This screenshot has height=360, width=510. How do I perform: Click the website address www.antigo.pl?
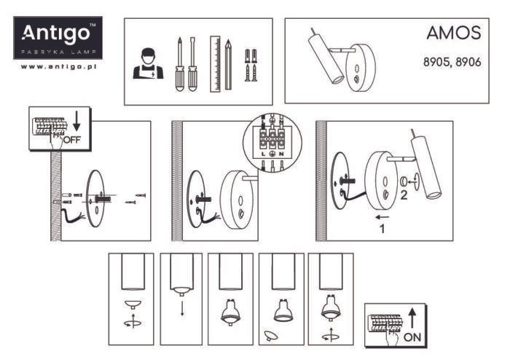[x=59, y=66]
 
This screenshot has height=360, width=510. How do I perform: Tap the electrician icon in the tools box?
[x=148, y=63]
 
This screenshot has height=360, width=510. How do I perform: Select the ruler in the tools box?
[x=215, y=63]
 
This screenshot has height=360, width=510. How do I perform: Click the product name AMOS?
[x=453, y=34]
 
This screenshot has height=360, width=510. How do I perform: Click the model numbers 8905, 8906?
[x=452, y=63]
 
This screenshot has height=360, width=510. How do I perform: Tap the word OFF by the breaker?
[x=71, y=138]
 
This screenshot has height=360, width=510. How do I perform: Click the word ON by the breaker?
[x=412, y=337]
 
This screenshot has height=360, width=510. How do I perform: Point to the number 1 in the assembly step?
[x=380, y=228]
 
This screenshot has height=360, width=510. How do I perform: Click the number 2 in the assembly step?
[x=401, y=194]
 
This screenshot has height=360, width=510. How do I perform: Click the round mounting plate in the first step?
[x=95, y=198]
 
